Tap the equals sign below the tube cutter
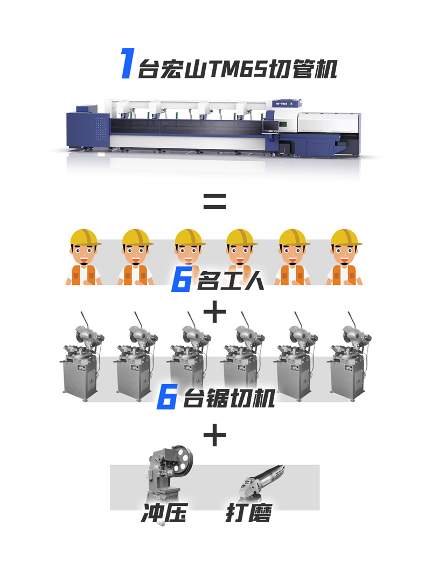(215, 201)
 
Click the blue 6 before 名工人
(182, 281)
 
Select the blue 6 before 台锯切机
(167, 397)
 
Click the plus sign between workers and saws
(215, 312)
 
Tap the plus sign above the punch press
(215, 435)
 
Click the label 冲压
(164, 512)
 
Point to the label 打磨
(249, 512)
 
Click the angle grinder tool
(261, 482)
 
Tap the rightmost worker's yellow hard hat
(346, 237)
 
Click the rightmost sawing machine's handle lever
(352, 320)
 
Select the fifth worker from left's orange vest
(293, 275)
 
